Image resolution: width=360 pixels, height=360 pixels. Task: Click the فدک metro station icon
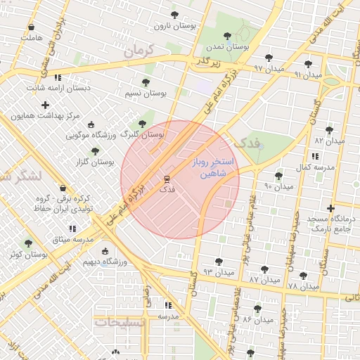[x=167, y=179]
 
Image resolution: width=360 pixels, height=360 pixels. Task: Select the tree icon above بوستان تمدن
[x=226, y=36]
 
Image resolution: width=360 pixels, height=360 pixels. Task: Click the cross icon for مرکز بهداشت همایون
[x=46, y=105]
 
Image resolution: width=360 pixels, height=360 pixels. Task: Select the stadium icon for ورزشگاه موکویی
[x=91, y=124]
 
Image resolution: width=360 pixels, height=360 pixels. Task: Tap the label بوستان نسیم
[x=146, y=93]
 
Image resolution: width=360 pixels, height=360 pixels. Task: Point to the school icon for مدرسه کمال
[x=316, y=156]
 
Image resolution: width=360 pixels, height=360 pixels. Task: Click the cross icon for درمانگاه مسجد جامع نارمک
[x=331, y=208]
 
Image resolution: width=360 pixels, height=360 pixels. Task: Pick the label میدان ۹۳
[x=218, y=271]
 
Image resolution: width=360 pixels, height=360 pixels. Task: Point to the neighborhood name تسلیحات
[x=120, y=322]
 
